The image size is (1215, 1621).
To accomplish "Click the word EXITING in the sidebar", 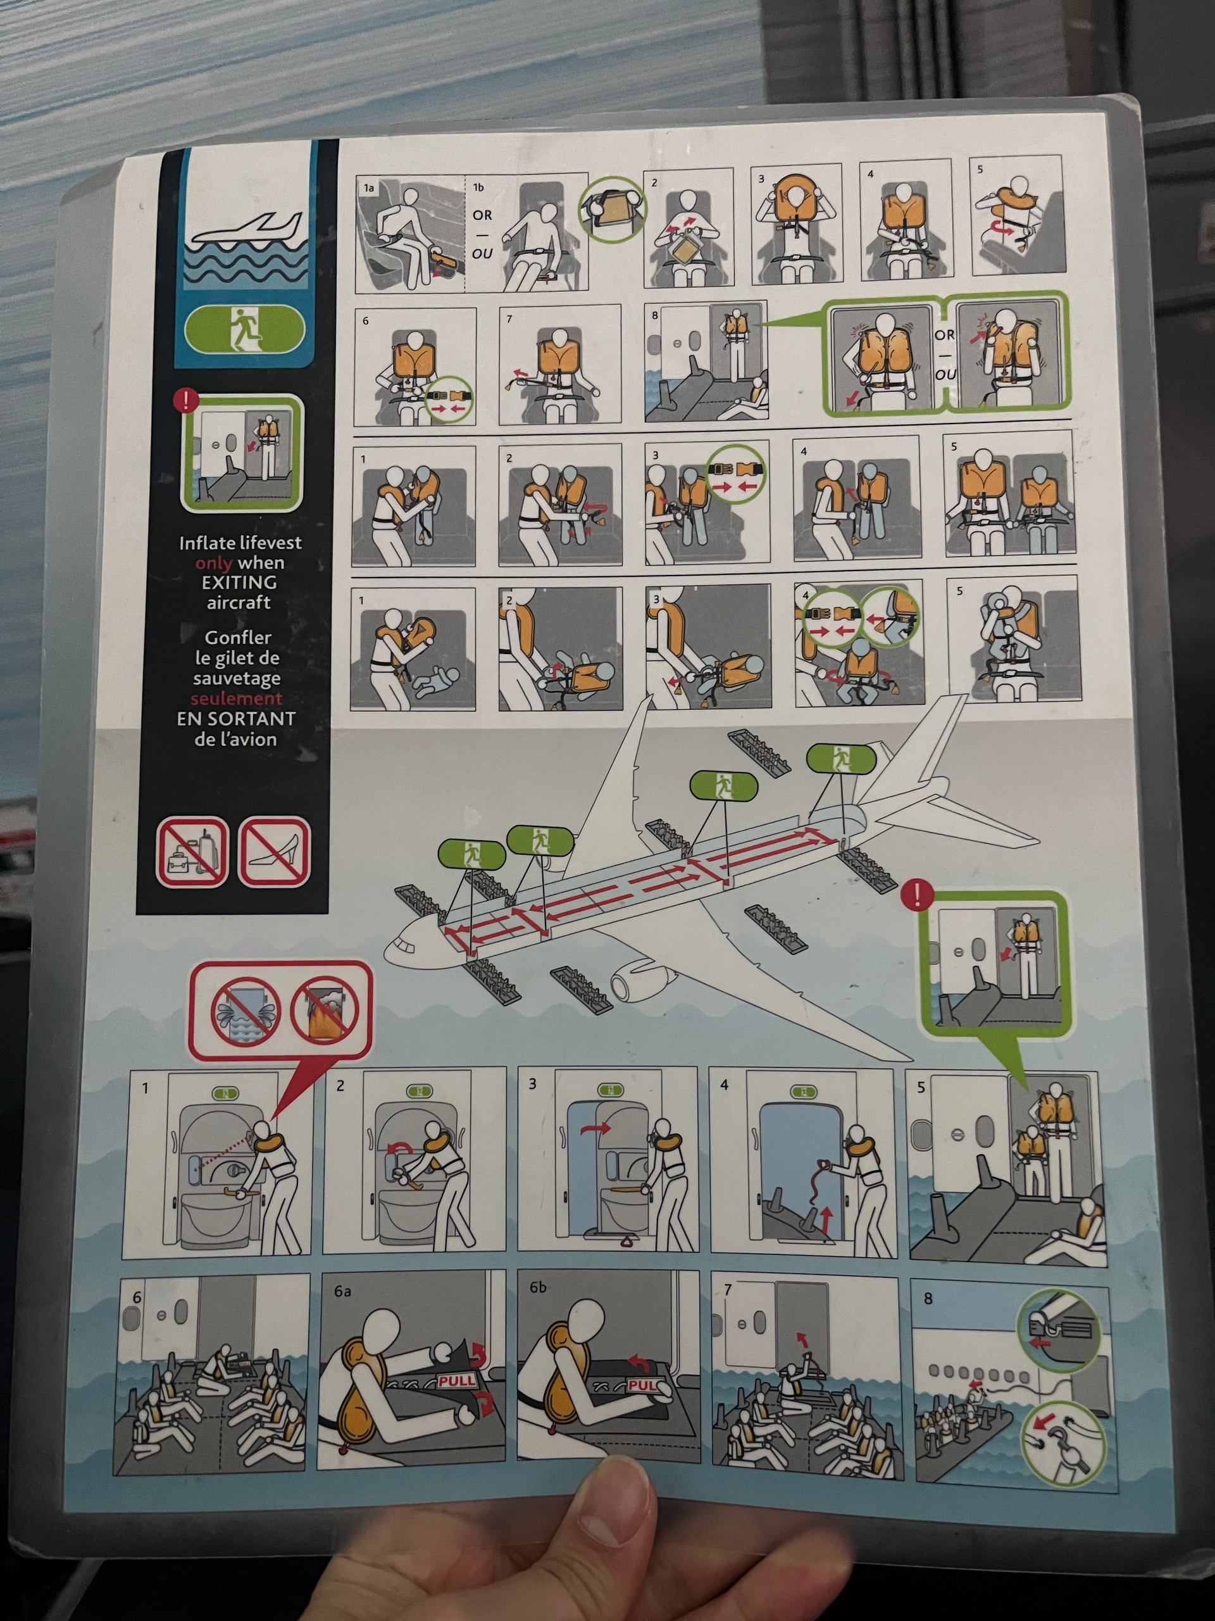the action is click(239, 583).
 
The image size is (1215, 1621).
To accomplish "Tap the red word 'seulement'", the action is click(237, 698).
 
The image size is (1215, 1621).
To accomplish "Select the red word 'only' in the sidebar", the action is click(213, 563).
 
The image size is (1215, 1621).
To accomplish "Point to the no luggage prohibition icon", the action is click(192, 852).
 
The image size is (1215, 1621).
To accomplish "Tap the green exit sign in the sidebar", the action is click(244, 329).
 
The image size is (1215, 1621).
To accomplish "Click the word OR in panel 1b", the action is click(482, 215).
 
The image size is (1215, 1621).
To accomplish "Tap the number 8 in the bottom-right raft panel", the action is click(928, 1299).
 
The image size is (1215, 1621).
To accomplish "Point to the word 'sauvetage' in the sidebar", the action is click(237, 679).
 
